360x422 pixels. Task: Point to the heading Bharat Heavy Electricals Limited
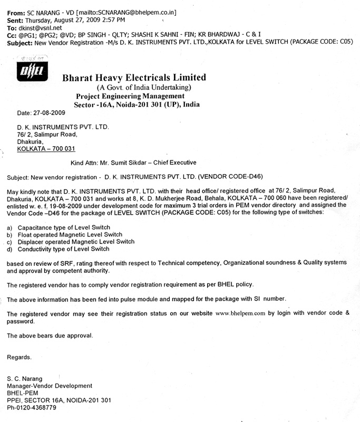click(x=134, y=78)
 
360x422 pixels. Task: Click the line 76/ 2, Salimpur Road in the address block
click(x=44, y=135)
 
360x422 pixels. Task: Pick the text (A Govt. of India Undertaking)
click(x=143, y=87)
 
